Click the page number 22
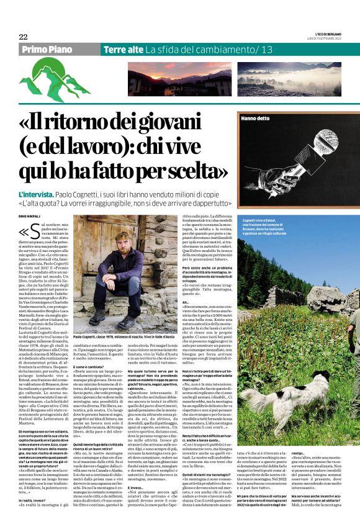23,37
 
